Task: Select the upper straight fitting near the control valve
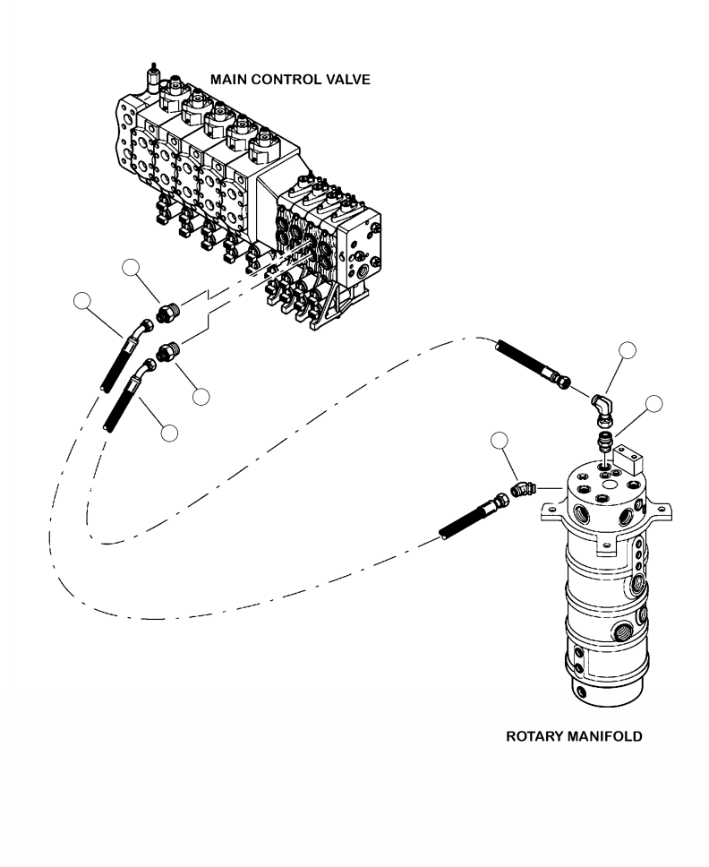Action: [x=167, y=313]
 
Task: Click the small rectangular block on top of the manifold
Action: [x=627, y=459]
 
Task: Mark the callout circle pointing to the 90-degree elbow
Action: [x=628, y=350]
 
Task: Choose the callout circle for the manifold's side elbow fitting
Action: [x=500, y=440]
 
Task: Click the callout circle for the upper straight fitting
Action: [x=131, y=268]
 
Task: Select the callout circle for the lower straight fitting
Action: [x=201, y=397]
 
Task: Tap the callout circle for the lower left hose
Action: [x=169, y=433]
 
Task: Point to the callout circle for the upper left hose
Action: [x=82, y=301]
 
